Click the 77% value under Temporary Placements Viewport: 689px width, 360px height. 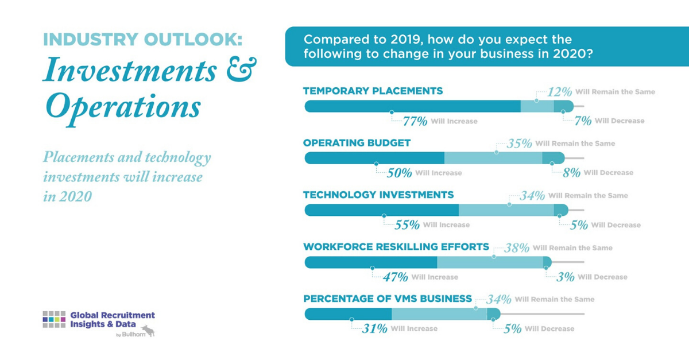(x=415, y=121)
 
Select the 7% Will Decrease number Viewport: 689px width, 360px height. (x=583, y=121)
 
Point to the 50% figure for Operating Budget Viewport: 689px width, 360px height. (x=399, y=173)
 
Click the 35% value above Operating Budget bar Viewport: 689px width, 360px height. (x=519, y=144)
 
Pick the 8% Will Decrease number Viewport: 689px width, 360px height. (x=571, y=173)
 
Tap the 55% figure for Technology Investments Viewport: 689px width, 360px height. (x=407, y=225)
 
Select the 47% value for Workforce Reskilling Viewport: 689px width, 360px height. (x=396, y=277)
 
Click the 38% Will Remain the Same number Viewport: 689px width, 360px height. (x=517, y=248)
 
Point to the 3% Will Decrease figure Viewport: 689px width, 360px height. (x=566, y=277)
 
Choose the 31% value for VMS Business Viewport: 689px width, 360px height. (x=375, y=329)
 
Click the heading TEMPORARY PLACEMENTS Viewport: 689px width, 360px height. (x=373, y=91)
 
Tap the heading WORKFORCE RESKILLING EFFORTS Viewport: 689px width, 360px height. (x=396, y=247)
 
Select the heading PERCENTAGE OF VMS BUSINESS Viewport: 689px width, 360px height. (x=388, y=299)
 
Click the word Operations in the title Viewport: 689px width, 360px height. (x=123, y=106)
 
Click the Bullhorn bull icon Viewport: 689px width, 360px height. (x=148, y=331)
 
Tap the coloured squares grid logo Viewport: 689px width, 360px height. (x=54, y=319)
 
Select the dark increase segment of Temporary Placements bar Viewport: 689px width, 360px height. (x=412, y=106)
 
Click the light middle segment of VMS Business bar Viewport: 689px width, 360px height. (x=439, y=314)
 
